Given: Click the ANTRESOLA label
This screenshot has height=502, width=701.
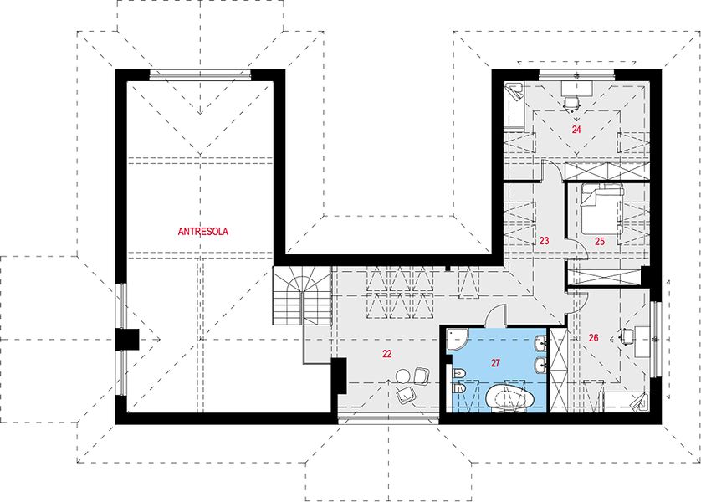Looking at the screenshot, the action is pos(203,232).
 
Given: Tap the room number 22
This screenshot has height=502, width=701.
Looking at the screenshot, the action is pos(387,354).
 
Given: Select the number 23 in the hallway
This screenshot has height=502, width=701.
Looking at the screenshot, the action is pos(544,241).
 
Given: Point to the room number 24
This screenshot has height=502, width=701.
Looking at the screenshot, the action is pos(576,130).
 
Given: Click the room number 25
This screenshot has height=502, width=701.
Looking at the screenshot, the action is pos(600,242).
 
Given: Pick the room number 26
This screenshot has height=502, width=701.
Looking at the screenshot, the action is pos(593,338).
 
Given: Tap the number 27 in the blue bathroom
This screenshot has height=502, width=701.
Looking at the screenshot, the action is pos(495,363).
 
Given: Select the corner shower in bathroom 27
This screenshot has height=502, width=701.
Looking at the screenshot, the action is pos(457,340).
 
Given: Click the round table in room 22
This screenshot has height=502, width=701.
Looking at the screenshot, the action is pos(404,376).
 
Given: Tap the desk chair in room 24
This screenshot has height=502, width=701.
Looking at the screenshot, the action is pos(571,104).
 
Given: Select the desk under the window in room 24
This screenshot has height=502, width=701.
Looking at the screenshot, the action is pos(576,88).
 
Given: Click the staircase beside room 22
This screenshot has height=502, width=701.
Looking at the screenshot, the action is pos(302,296).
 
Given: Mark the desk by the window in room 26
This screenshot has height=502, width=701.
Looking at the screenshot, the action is pos(642,341).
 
